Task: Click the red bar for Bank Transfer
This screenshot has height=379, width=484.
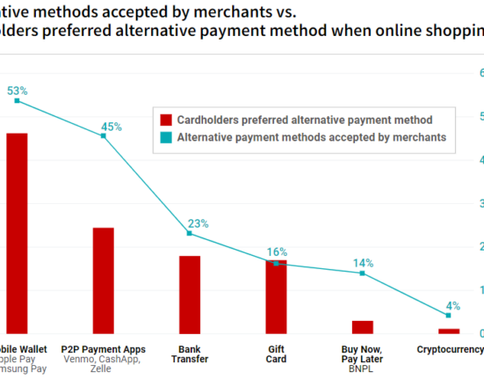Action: click(190, 295)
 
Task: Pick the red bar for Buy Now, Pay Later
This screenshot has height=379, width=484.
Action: click(362, 327)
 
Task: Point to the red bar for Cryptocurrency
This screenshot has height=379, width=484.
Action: click(448, 331)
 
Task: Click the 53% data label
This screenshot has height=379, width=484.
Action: click(18, 91)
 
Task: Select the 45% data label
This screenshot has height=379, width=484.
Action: click(112, 127)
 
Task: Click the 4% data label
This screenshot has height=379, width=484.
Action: click(453, 305)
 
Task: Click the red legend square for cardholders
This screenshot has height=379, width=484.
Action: click(164, 119)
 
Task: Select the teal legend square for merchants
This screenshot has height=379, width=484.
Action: click(164, 138)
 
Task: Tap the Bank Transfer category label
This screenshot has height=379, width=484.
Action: click(190, 354)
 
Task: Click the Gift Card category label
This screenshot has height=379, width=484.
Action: click(276, 354)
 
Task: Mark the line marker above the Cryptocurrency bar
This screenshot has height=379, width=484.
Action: click(448, 315)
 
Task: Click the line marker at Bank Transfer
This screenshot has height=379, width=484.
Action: click(190, 233)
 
